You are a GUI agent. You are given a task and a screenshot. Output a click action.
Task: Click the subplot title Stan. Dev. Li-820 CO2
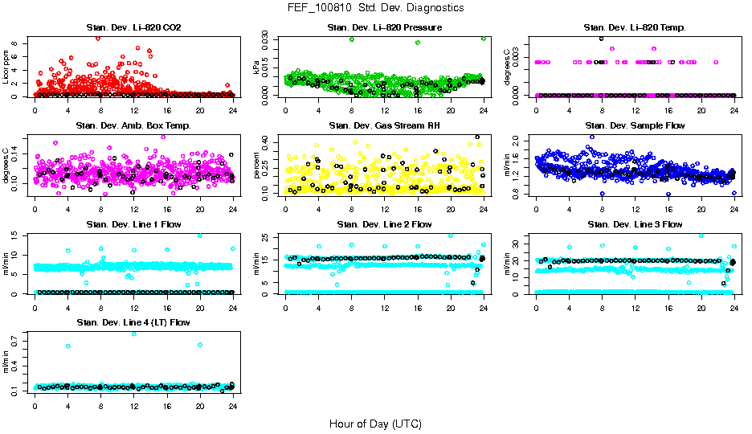pos(133,28)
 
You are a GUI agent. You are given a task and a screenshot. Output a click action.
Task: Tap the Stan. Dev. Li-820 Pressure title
pos(384,28)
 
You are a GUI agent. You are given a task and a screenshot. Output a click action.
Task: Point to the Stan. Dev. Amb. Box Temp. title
pos(133,126)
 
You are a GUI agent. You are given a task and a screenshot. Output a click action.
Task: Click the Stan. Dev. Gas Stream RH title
pos(384,126)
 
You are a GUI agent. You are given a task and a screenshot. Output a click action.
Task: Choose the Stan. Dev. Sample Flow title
pos(636,126)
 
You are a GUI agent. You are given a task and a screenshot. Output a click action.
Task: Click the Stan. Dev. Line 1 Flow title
pos(133,224)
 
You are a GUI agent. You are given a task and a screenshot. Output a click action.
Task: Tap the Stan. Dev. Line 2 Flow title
pos(384,224)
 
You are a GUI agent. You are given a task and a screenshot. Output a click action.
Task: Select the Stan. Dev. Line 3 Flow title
pos(636,224)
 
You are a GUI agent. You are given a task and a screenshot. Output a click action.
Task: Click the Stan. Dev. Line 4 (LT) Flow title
pos(133,322)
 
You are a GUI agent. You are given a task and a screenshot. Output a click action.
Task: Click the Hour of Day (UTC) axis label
pos(375,424)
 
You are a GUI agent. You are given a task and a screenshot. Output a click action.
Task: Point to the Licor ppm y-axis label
pos(6,68)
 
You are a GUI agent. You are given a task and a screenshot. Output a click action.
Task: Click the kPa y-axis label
pos(257,69)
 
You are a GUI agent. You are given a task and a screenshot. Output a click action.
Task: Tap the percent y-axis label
pos(257,166)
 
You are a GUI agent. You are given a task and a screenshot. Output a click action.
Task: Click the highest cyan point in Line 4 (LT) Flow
pos(133,334)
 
